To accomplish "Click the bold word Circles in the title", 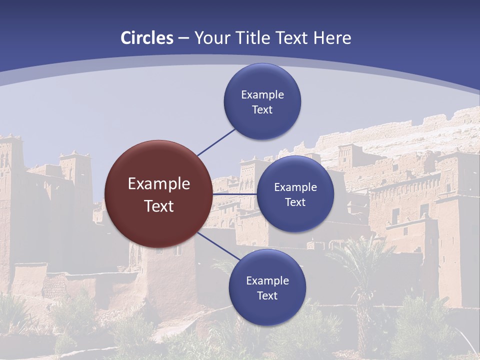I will coord(147,38).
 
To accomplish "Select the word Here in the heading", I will coord(332,38).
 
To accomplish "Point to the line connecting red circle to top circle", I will coord(216,142).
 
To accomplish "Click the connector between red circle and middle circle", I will coord(234,194).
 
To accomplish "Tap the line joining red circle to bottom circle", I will coord(218,247).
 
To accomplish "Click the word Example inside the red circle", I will coord(158,184).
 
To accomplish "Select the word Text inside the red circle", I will coord(158,206).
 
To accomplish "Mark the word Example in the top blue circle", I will coord(262,95).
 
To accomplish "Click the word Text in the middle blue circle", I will coord(295,202).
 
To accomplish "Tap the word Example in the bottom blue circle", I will coord(267,281).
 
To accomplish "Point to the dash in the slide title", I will coord(183,38).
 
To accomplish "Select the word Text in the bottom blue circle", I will coord(267,296).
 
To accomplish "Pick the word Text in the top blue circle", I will coord(262,110).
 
